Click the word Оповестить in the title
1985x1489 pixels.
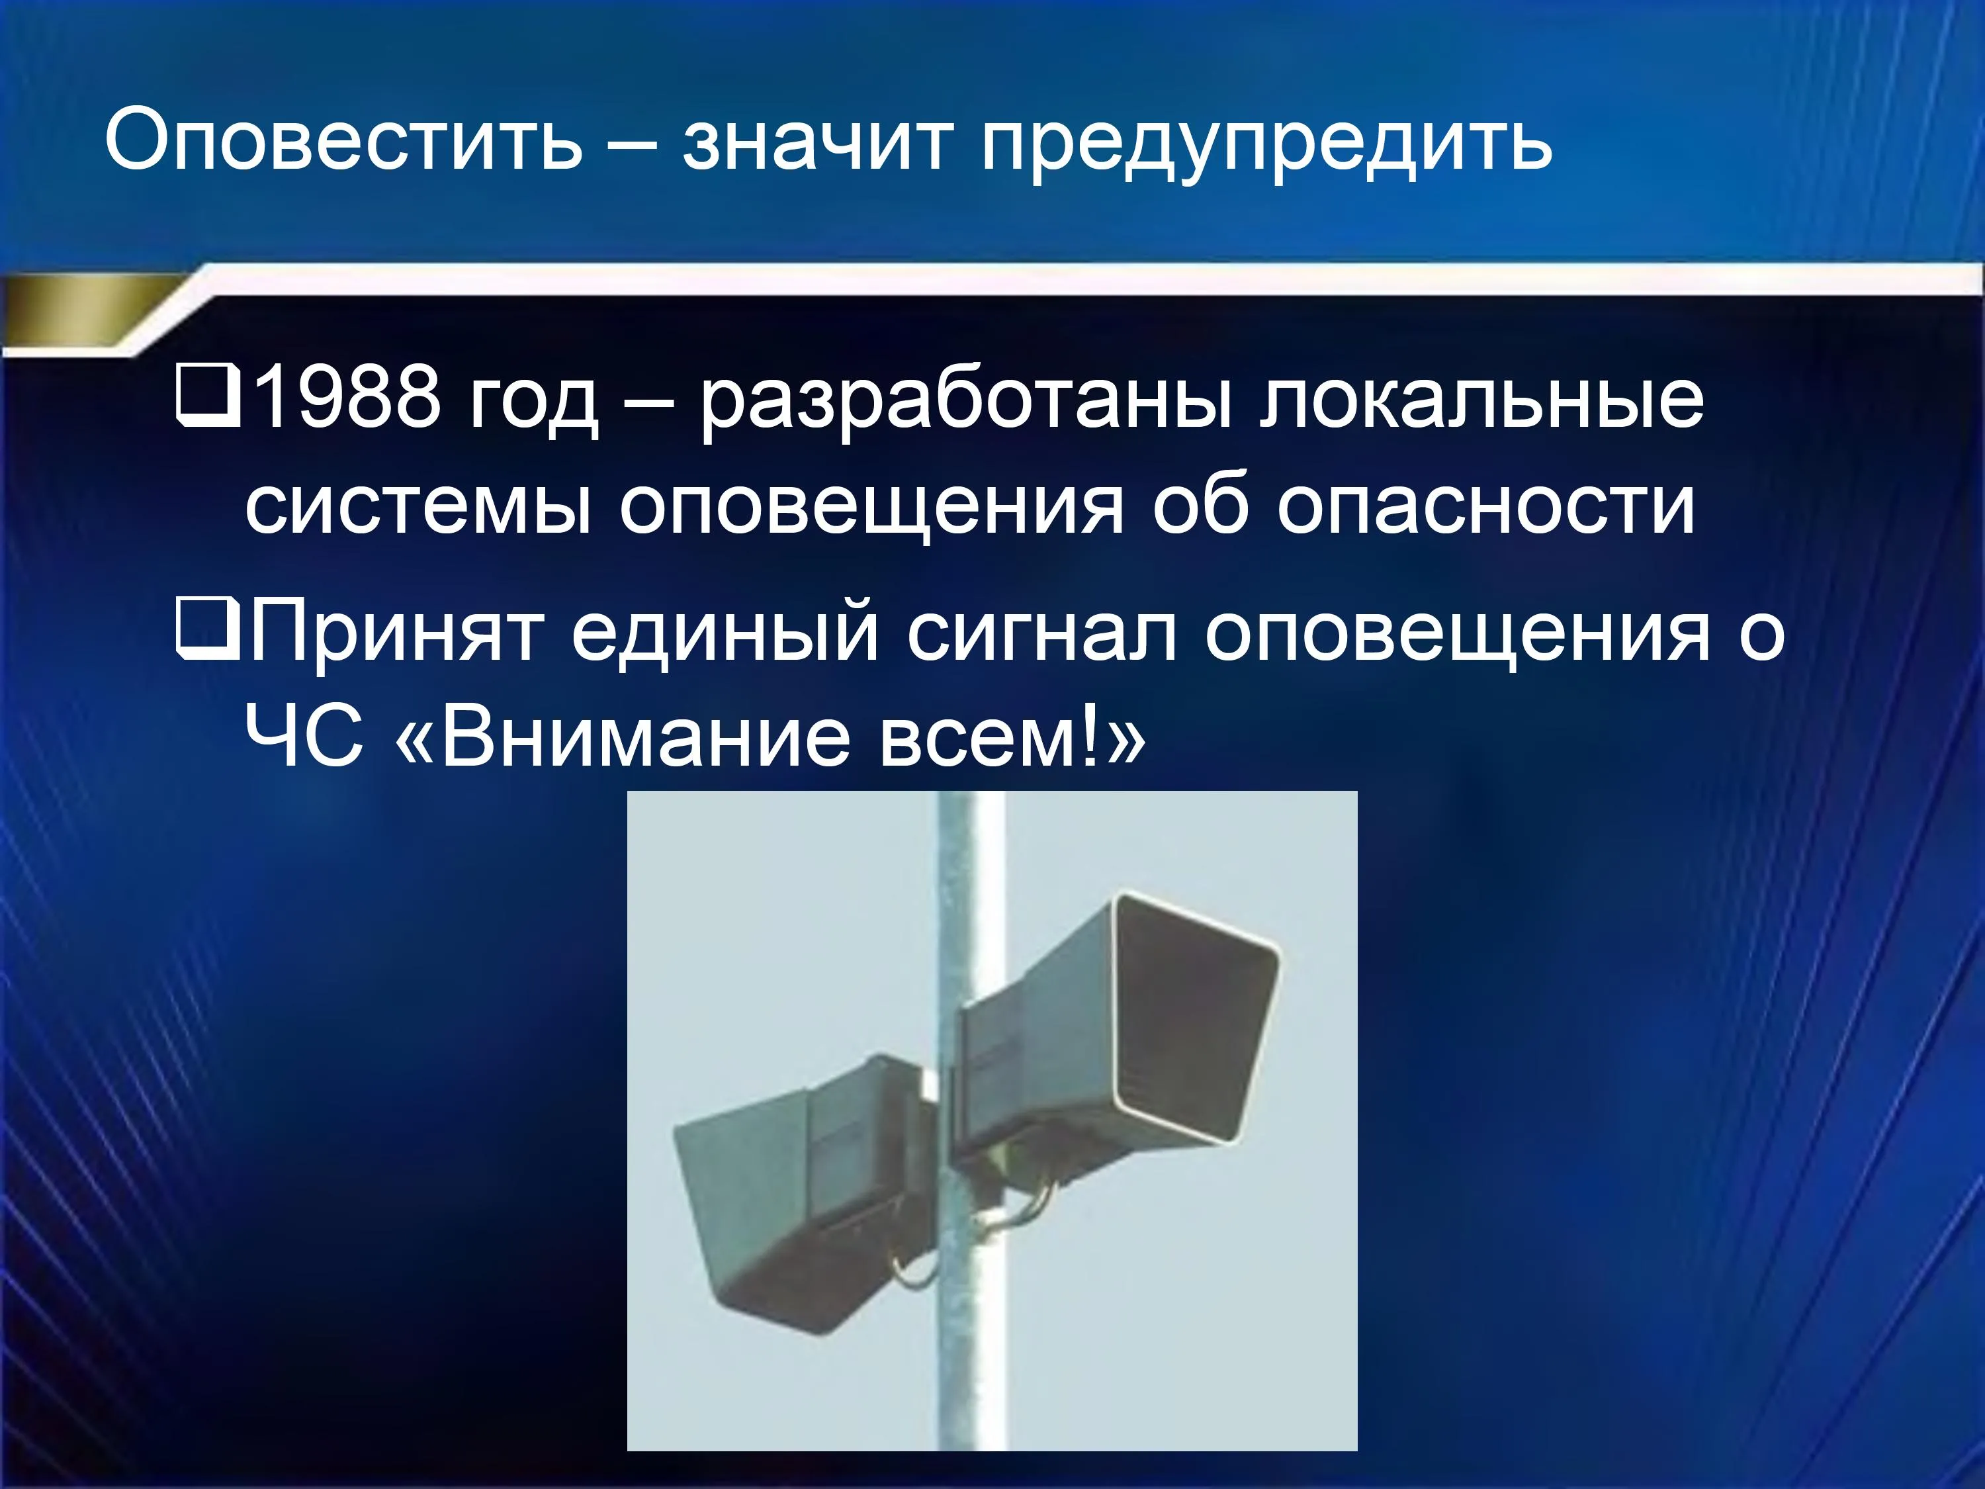pos(343,141)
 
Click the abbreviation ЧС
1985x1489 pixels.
pos(305,737)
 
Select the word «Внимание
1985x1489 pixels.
pos(621,737)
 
